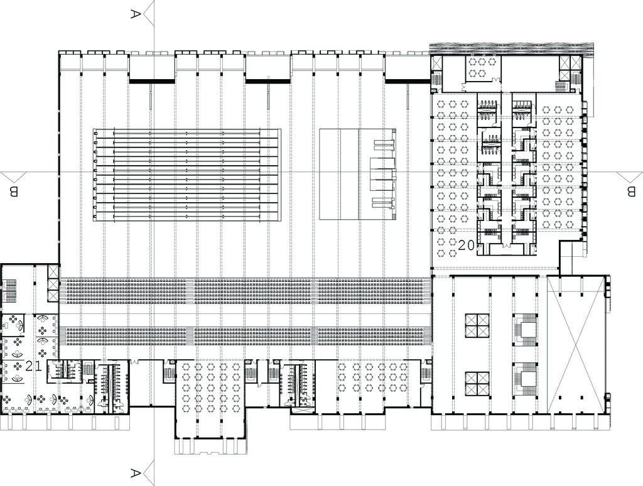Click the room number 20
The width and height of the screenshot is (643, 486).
click(467, 246)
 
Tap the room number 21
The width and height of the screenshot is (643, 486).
click(34, 366)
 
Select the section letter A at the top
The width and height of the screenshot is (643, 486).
click(136, 14)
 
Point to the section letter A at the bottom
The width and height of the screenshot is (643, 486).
click(136, 473)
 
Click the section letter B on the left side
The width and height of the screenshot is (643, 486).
click(14, 192)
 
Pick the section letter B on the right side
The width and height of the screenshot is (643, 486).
click(630, 192)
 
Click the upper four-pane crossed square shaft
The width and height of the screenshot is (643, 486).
click(477, 326)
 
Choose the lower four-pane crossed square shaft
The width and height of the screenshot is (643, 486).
click(477, 384)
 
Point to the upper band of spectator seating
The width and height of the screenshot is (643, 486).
click(246, 291)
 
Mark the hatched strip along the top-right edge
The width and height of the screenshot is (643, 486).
click(511, 48)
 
